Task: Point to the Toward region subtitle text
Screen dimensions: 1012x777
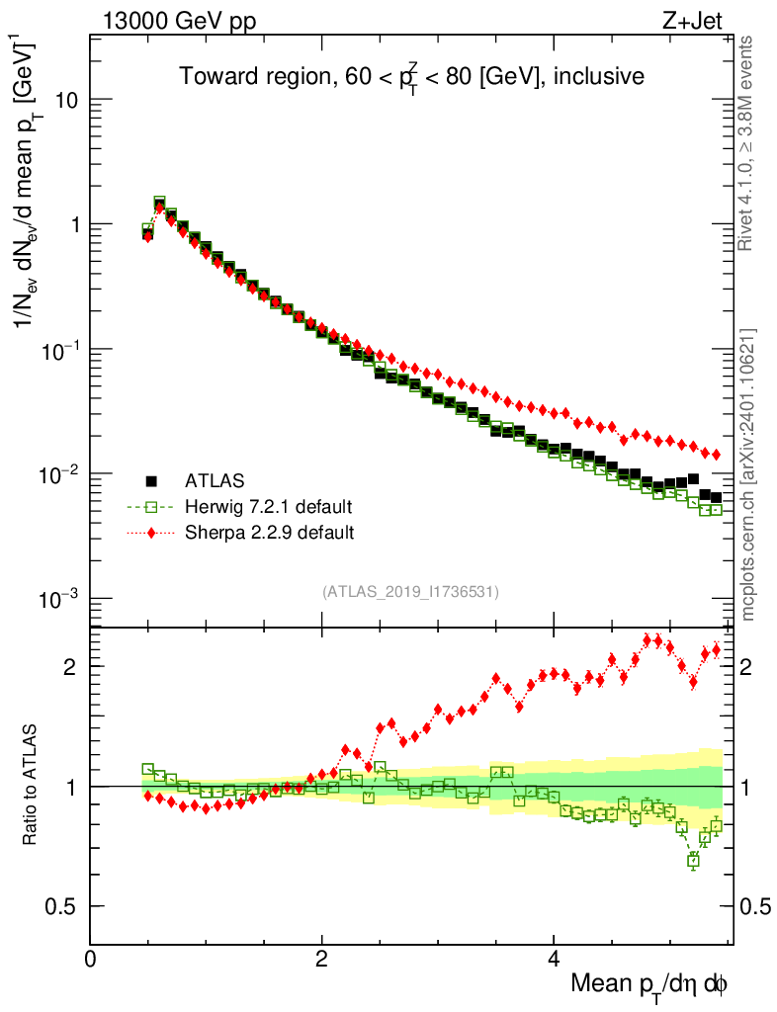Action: (411, 76)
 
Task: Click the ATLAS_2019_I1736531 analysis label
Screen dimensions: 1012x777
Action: (410, 592)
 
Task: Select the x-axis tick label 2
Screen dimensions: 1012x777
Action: (322, 960)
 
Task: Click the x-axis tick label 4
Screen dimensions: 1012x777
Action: (554, 960)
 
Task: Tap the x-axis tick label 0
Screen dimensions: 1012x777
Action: (91, 960)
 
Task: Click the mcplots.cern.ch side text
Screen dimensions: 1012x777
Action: (748, 474)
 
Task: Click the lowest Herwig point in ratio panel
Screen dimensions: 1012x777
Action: (693, 861)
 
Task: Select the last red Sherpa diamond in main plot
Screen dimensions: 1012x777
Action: (717, 455)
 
